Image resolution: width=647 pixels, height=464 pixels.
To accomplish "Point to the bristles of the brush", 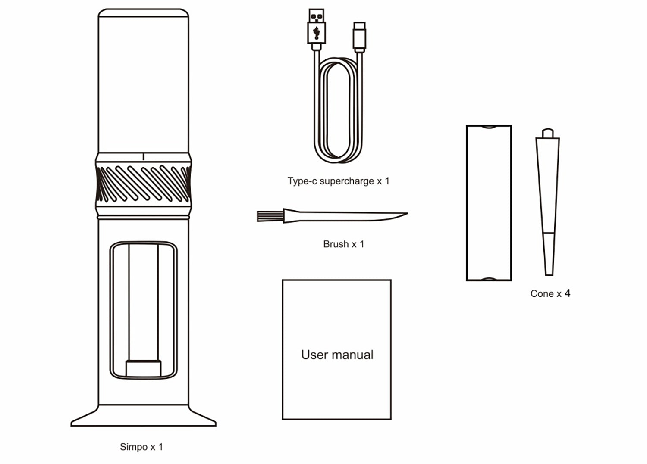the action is [270, 216].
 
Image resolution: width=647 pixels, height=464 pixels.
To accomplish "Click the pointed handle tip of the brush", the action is [407, 214].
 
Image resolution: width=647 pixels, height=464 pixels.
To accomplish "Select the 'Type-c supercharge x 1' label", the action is [338, 181].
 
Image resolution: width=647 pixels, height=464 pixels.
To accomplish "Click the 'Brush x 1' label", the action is [343, 244].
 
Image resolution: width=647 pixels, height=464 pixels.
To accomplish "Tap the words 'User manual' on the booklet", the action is [337, 355].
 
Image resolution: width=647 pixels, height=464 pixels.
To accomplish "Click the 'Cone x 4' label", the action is [550, 293].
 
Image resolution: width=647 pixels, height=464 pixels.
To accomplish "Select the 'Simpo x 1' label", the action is [141, 447].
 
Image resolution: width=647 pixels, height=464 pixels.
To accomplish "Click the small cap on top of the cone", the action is [548, 133].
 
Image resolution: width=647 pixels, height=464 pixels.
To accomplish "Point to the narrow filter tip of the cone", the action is [549, 254].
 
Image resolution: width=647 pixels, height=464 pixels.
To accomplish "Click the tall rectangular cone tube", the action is [489, 203].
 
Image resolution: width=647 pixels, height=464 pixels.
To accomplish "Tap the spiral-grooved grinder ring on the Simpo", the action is [143, 184].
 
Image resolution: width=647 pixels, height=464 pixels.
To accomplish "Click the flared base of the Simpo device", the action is [143, 415].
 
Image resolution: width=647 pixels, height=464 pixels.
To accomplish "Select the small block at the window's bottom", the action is [144, 368].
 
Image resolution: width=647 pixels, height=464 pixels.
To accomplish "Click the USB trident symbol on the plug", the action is [317, 33].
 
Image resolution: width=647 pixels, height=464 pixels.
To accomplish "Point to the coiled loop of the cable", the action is [338, 110].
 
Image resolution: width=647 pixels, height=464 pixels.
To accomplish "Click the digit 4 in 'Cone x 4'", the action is [568, 293].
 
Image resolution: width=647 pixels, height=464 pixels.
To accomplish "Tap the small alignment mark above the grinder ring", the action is [143, 157].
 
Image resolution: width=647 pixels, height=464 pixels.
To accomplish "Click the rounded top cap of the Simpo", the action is [143, 12].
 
